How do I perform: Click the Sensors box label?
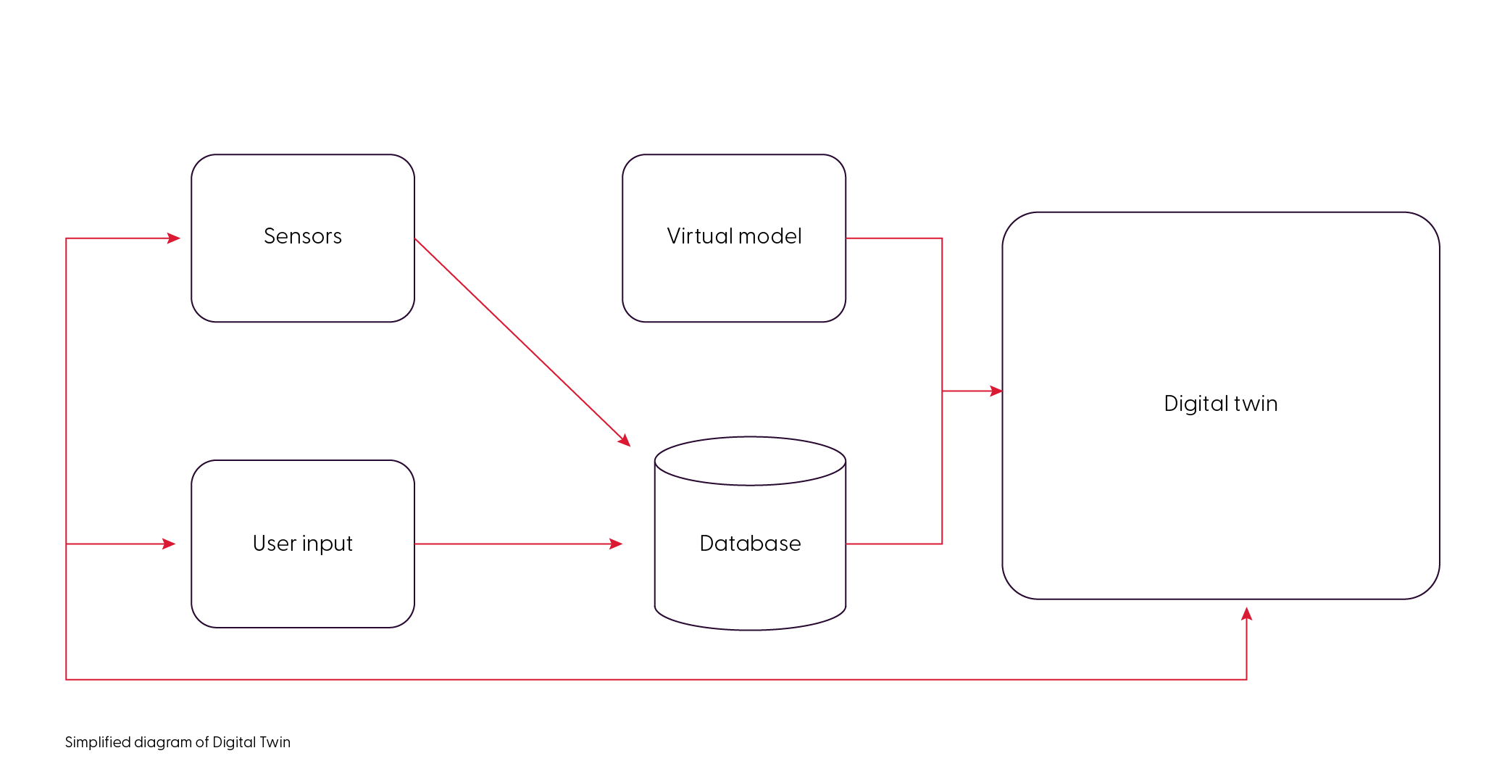pos(302,236)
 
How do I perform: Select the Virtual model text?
pos(733,236)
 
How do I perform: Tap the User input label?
pos(302,544)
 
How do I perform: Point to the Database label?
pos(750,544)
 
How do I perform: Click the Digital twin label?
pos(1220,404)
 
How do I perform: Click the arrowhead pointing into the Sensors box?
pos(174,238)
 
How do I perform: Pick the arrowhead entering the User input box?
pos(170,544)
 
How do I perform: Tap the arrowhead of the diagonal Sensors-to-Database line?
pos(625,440)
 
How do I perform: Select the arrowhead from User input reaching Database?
pos(617,544)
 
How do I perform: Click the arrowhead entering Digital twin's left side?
pos(996,391)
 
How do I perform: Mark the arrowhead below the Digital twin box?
pos(1246,614)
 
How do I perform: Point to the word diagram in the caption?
pos(163,743)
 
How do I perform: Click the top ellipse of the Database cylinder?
pos(750,461)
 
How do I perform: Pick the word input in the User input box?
pos(327,544)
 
